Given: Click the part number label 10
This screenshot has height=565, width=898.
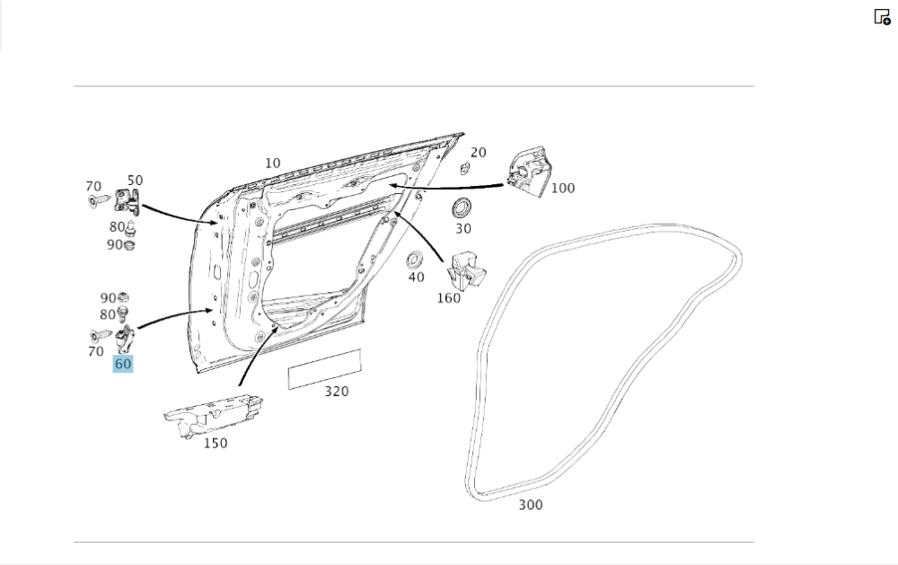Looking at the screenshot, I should pyautogui.click(x=272, y=163).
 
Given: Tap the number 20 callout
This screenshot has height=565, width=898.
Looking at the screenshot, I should pyautogui.click(x=479, y=153).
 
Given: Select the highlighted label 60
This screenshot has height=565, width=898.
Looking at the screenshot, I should pyautogui.click(x=123, y=364).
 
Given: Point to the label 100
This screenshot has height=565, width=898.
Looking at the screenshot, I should pyautogui.click(x=563, y=189).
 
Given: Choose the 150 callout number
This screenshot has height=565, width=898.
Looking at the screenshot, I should pyautogui.click(x=216, y=443).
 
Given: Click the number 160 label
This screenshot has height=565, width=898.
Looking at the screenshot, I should pyautogui.click(x=448, y=298).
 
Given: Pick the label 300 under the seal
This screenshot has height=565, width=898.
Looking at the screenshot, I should pyautogui.click(x=531, y=505).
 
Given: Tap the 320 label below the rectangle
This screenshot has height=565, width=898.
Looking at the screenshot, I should pyautogui.click(x=337, y=392).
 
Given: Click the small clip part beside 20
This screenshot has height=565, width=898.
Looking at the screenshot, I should pyautogui.click(x=464, y=168).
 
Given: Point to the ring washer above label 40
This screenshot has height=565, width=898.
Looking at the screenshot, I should pyautogui.click(x=416, y=260).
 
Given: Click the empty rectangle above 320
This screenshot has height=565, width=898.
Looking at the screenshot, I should pyautogui.click(x=324, y=370).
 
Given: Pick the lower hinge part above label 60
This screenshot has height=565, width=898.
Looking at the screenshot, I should pyautogui.click(x=125, y=340).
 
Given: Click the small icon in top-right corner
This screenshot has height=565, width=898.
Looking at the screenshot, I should pyautogui.click(x=882, y=16).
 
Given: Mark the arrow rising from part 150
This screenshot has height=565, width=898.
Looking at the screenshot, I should pyautogui.click(x=255, y=356).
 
